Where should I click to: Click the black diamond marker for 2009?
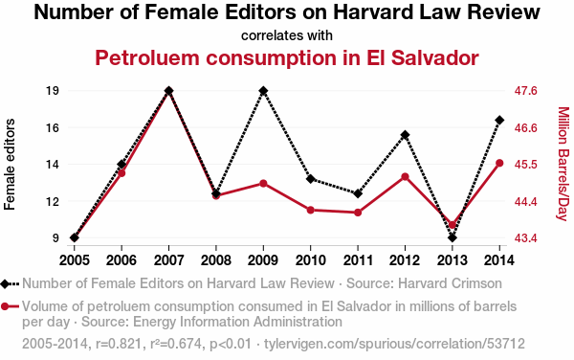pos(263,90)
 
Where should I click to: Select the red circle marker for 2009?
pos(263,184)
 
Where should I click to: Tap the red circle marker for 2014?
pos(499,163)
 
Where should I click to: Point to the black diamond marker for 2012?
pos(405,135)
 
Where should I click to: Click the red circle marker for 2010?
pos(310,210)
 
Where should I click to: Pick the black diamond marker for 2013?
pos(453,237)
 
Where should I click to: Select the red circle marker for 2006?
pos(121,173)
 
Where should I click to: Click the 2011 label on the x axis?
pos(358,260)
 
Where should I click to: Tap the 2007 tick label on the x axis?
pos(168,260)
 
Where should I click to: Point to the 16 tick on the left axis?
pos(53,127)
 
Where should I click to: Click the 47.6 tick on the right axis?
pos(525,90)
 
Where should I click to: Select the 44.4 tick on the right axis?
pos(525,201)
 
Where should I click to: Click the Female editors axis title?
pos(10,165)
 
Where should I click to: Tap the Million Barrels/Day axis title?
pos(563,164)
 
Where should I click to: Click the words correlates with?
pos(287,35)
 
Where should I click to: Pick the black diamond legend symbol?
pos(5,283)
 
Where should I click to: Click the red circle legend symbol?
pos(5,306)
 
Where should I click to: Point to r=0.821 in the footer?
pos(119,344)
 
